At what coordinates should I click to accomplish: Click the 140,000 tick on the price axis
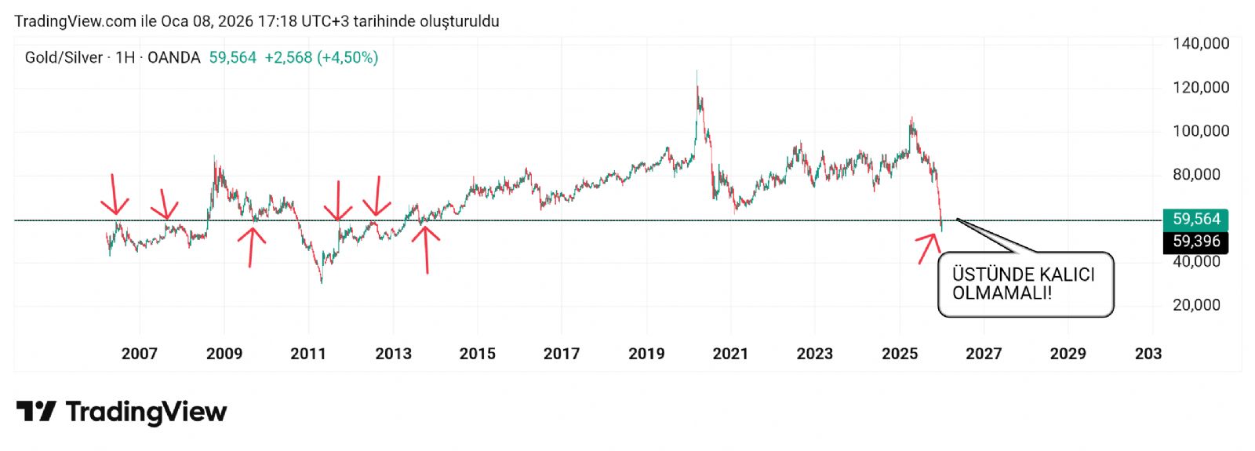click(1200, 44)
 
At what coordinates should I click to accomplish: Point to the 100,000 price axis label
click(1200, 131)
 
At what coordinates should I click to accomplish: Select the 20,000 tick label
click(1196, 305)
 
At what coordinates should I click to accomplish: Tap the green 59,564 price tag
click(1195, 220)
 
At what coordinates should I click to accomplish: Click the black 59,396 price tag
click(1195, 242)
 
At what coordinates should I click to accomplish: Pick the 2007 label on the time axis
click(140, 354)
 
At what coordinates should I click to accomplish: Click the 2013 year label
click(393, 354)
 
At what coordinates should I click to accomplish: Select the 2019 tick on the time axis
click(646, 354)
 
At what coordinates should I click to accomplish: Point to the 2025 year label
click(899, 354)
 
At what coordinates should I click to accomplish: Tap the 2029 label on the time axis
click(1068, 354)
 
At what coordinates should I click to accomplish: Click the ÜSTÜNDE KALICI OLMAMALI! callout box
click(1025, 284)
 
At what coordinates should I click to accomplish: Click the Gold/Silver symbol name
click(64, 57)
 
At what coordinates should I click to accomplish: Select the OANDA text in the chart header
click(173, 57)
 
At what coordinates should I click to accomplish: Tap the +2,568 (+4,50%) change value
click(321, 57)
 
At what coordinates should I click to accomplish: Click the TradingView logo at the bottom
click(122, 412)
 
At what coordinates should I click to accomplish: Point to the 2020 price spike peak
click(697, 73)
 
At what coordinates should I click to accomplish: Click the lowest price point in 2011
click(321, 281)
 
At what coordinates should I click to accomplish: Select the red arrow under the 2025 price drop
click(929, 247)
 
